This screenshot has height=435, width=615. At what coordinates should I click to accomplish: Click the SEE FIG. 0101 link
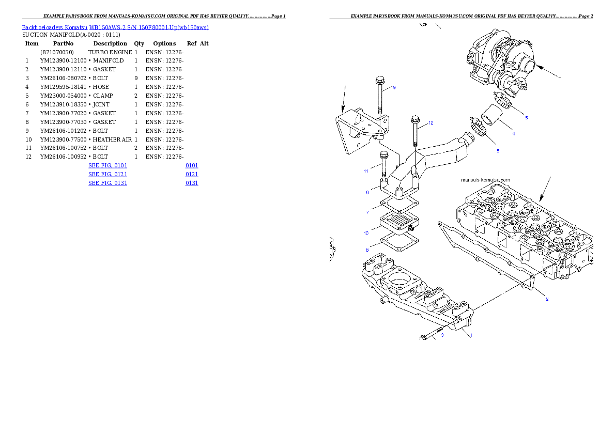point(107,165)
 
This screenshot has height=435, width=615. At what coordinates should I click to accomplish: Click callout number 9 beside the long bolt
point(394,87)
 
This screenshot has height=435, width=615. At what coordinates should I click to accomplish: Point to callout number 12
point(431,123)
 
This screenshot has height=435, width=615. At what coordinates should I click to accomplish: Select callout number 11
point(365,170)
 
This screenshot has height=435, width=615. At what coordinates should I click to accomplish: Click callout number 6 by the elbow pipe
point(367,192)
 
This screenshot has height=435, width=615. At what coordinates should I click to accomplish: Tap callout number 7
point(367,212)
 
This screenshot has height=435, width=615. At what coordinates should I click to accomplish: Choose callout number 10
point(366,233)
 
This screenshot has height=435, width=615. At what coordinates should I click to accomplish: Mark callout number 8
point(367,250)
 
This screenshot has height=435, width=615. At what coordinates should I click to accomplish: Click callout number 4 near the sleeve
point(513,134)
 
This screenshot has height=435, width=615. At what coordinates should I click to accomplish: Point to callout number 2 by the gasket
point(547,299)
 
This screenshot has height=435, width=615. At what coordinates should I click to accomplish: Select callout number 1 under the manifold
point(471,334)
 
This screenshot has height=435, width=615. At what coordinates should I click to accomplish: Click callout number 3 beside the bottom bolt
point(442,334)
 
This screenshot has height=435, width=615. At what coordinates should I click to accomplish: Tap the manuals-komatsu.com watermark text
point(485,180)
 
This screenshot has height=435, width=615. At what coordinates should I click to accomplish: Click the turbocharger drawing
point(499,65)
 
